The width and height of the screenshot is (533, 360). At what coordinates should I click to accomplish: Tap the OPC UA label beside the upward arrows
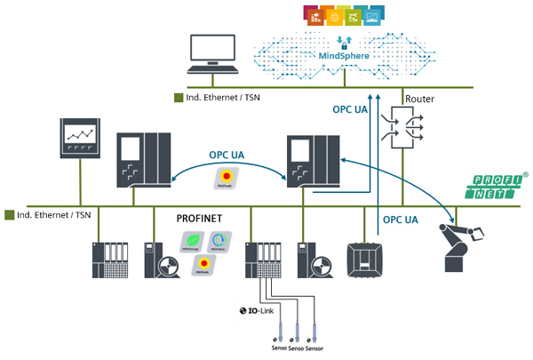[x=349, y=109]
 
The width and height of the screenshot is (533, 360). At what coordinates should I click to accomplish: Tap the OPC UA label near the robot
[x=402, y=219]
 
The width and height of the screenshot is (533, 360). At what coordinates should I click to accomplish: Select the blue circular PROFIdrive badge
[x=219, y=240]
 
